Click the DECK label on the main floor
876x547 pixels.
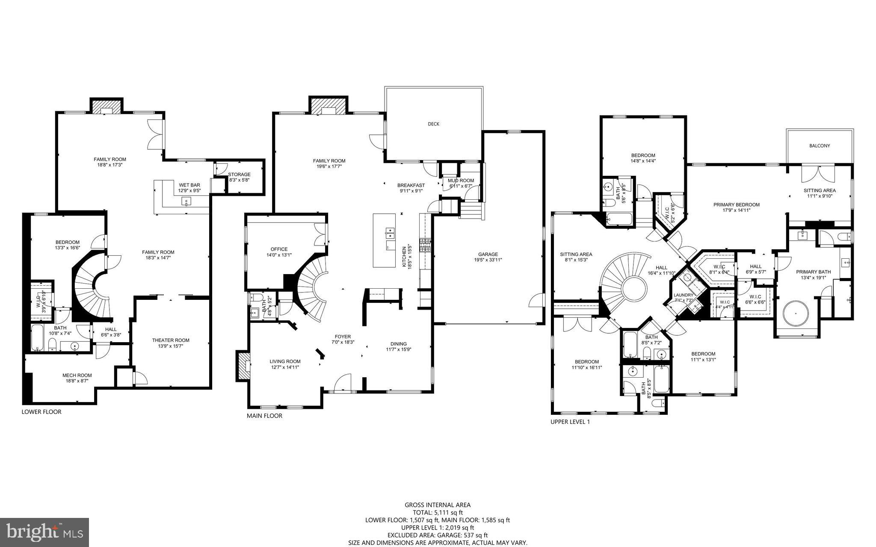click(433, 124)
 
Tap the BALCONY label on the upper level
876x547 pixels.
click(820, 146)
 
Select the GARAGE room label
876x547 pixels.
click(488, 254)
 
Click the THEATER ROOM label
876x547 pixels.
click(171, 340)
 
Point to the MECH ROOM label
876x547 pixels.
click(77, 376)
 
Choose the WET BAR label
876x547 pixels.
click(189, 185)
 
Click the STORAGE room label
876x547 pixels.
click(239, 174)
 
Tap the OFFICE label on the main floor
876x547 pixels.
click(279, 249)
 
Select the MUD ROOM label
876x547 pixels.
click(461, 180)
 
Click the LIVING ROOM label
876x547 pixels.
click(285, 361)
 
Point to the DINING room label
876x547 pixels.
click(398, 344)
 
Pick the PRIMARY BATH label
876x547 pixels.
click(813, 272)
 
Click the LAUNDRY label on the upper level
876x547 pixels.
click(683, 295)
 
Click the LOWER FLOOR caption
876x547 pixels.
click(41, 412)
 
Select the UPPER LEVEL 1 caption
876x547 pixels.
click(570, 422)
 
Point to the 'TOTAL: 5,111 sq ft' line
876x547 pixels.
click(438, 512)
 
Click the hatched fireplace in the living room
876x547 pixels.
click(243, 366)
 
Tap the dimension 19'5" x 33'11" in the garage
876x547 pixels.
click(488, 260)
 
